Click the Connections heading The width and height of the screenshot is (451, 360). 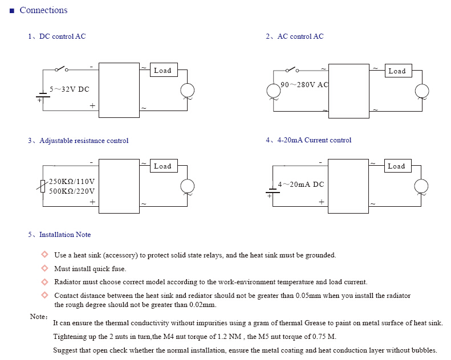(x=43, y=10)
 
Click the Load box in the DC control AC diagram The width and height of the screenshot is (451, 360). (x=164, y=70)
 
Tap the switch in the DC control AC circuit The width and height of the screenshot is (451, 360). (x=62, y=69)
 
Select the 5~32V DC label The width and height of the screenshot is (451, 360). (x=70, y=89)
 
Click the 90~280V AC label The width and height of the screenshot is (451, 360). (x=304, y=85)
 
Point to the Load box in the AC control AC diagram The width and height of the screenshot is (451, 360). (x=399, y=71)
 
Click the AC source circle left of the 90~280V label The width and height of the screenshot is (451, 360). (x=273, y=91)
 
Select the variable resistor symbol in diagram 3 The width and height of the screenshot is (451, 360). (x=43, y=186)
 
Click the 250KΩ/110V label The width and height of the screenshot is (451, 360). (x=72, y=182)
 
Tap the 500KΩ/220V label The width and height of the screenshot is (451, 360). (x=72, y=191)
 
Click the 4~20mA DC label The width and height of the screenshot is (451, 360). (x=301, y=185)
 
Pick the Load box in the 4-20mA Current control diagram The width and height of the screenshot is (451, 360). (x=398, y=166)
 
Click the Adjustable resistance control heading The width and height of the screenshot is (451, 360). (x=84, y=141)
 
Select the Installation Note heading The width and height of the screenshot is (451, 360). (x=65, y=235)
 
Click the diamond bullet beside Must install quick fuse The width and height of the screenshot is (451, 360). (x=44, y=268)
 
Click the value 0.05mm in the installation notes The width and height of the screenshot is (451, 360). (x=308, y=296)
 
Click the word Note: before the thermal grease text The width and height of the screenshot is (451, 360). (x=39, y=317)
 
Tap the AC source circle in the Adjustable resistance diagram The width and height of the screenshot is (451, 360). (x=187, y=186)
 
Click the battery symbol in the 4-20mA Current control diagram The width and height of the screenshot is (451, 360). (x=273, y=191)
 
